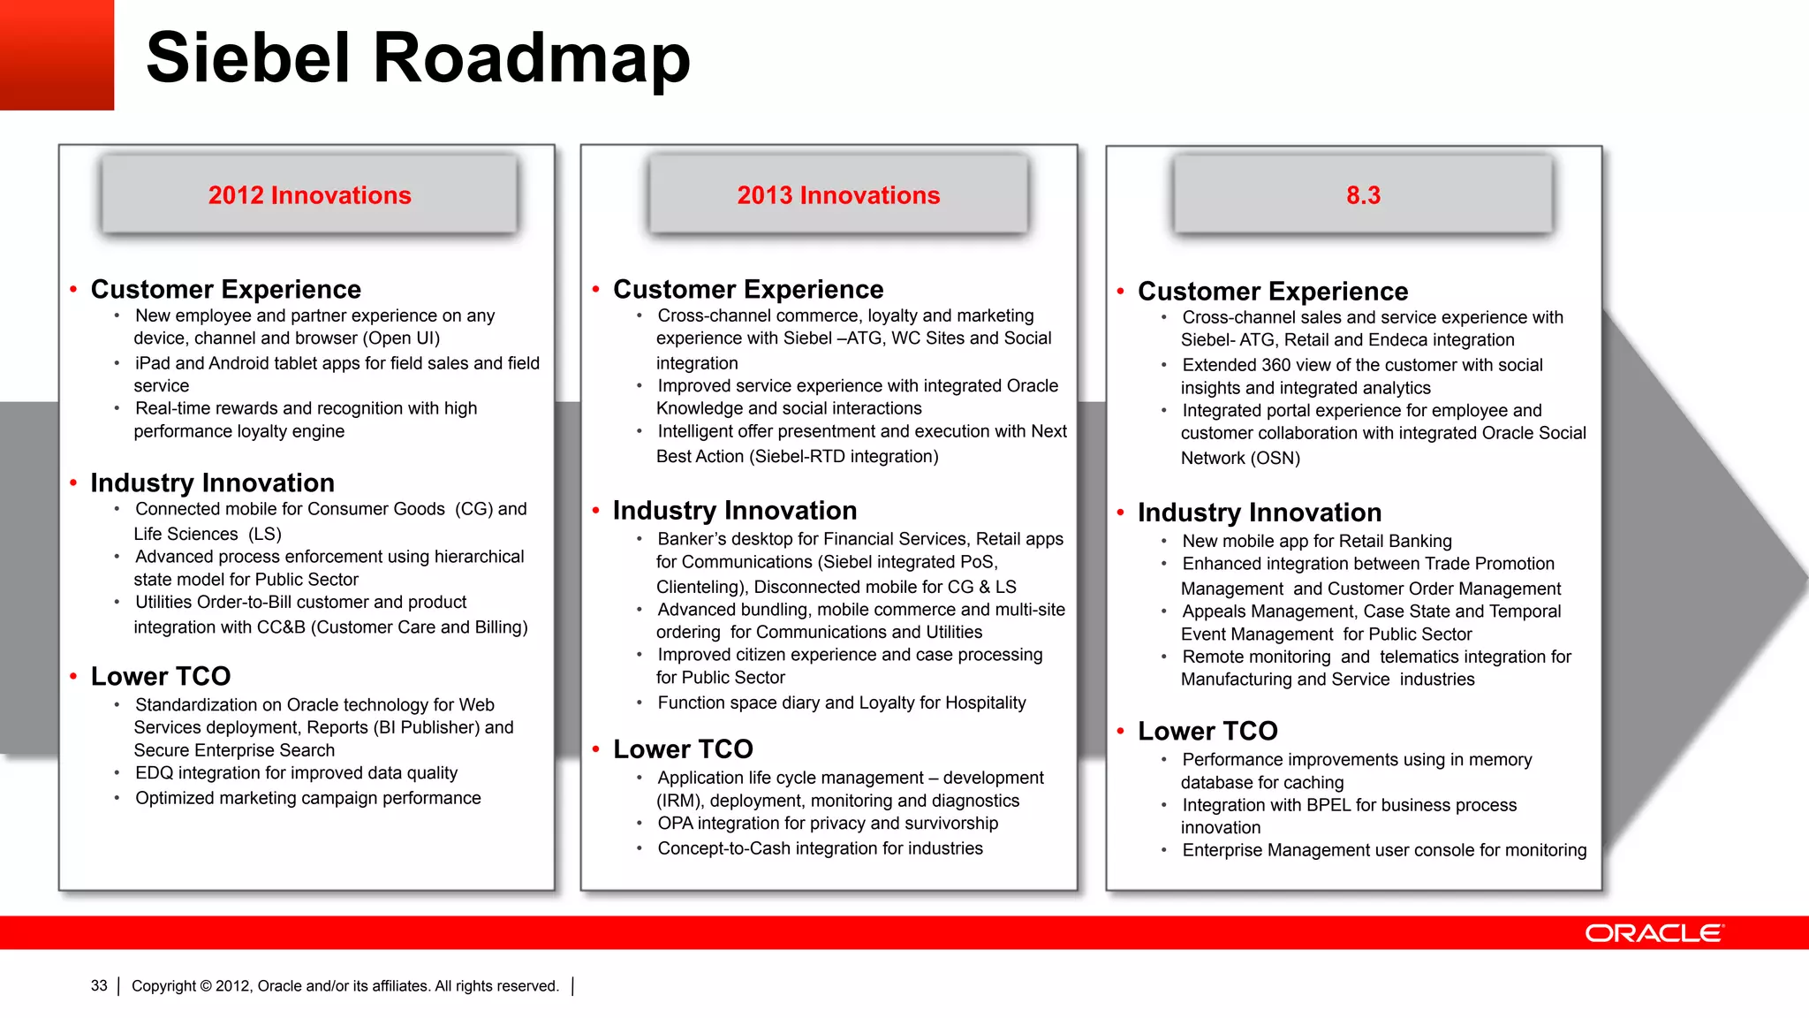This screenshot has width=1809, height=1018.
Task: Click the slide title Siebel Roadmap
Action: pos(417,58)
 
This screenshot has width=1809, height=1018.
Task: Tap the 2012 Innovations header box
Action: pos(309,195)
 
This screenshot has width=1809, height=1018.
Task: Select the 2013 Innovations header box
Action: pos(838,195)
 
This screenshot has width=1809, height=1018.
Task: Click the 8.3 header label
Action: pos(1363,195)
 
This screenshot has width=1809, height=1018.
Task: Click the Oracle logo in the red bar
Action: pos(1654,933)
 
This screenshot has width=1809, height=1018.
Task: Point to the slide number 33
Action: pos(99,986)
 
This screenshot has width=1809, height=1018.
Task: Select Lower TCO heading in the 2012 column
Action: pos(160,677)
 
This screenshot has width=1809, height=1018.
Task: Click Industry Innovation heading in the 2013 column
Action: pos(734,511)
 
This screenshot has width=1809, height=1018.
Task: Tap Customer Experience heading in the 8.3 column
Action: pos(1272,292)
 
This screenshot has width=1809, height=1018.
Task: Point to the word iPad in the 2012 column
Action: pos(153,363)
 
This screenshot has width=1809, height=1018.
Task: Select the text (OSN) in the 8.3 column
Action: pos(1275,459)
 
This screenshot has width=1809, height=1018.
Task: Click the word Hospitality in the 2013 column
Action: pos(985,703)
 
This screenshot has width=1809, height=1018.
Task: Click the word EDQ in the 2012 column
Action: pos(154,773)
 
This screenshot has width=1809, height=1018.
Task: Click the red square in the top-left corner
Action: pos(57,55)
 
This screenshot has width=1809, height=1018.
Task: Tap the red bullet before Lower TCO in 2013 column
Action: pos(596,749)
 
